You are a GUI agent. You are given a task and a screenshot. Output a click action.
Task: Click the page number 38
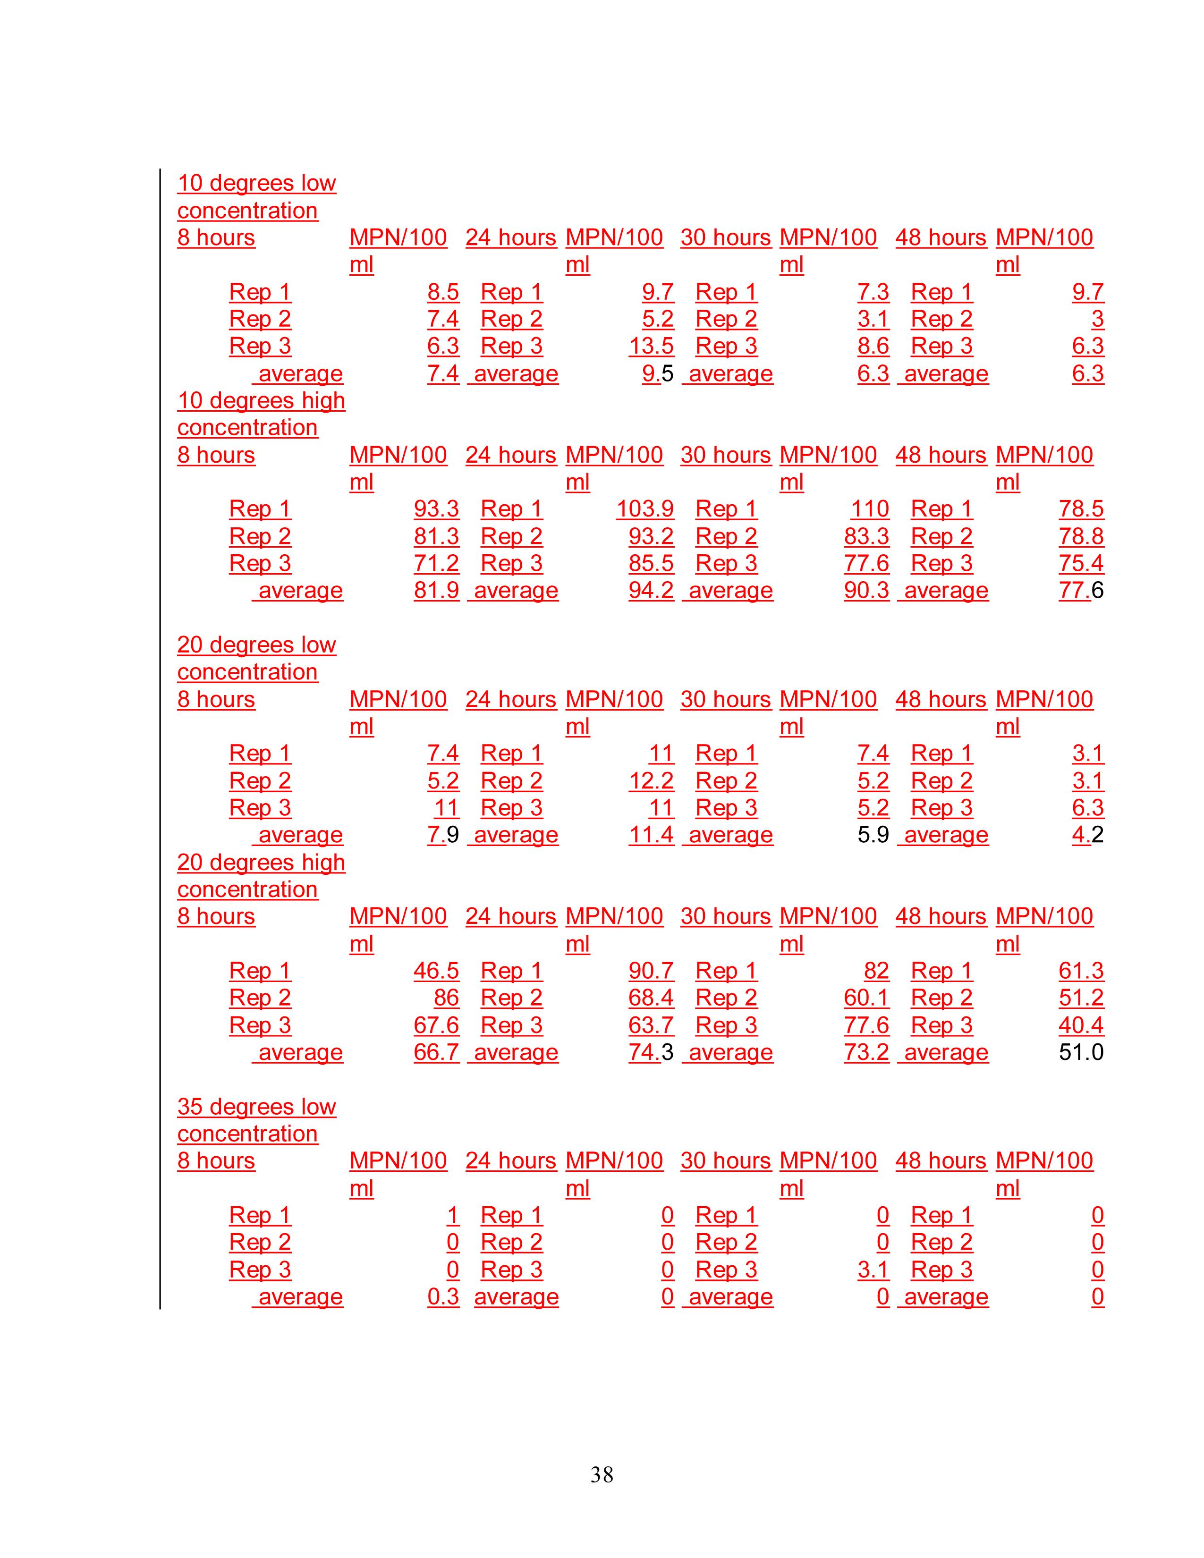601,1474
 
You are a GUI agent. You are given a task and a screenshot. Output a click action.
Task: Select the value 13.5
651,346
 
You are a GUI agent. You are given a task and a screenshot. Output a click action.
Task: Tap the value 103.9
645,508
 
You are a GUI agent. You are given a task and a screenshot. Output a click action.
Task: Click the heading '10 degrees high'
261,400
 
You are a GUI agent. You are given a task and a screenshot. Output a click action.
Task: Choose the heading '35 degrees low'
256,1107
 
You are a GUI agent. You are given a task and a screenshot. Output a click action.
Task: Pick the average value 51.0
1081,1052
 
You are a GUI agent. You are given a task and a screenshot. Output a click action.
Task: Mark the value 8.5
443,292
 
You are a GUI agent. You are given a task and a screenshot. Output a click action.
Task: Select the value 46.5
436,971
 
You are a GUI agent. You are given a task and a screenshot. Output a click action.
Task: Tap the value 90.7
651,971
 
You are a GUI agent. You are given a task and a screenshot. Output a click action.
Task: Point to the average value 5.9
873,835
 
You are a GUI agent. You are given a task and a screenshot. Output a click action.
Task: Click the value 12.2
651,780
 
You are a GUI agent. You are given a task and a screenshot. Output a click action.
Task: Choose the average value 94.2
651,590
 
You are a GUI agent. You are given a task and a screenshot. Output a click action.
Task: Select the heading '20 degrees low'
256,645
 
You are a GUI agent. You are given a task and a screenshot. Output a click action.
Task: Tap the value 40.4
1081,1025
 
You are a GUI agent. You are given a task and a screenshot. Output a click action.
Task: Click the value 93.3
436,508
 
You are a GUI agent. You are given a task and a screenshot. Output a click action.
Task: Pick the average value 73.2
866,1052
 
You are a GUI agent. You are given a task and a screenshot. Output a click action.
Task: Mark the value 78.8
1081,536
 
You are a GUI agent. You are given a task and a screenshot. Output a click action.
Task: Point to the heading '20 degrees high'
261,863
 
